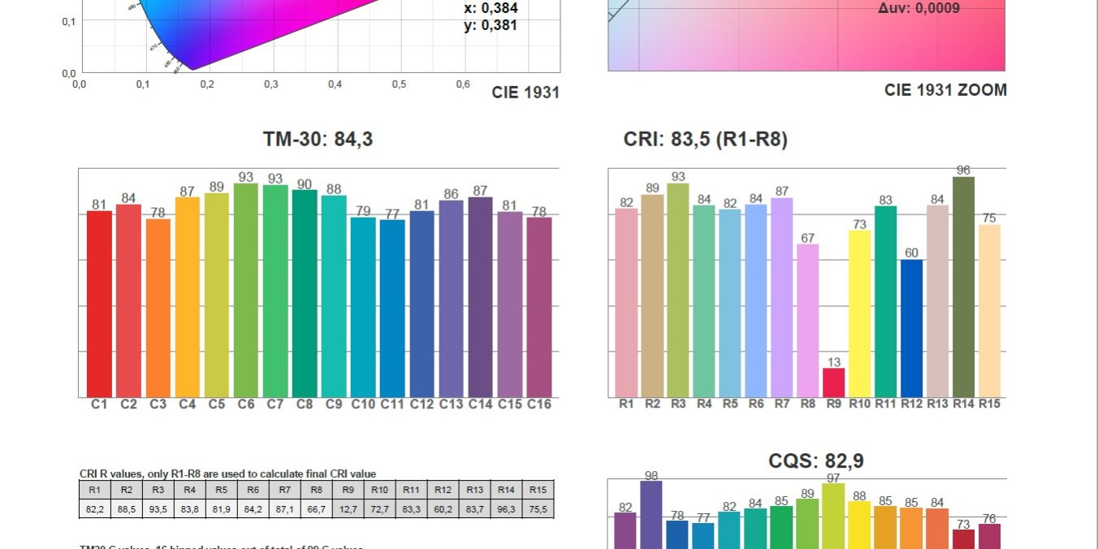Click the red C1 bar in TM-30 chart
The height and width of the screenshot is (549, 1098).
[x=99, y=304]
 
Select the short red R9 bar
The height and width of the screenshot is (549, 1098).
[x=833, y=383]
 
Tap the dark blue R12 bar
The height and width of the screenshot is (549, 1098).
[x=911, y=328]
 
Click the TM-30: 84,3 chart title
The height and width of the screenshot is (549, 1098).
[x=318, y=140]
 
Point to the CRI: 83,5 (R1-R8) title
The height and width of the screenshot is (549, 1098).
[x=705, y=140]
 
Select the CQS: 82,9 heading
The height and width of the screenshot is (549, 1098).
[x=815, y=461]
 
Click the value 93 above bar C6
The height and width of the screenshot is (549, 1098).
[x=246, y=177]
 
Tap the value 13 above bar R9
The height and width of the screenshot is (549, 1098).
[x=833, y=362]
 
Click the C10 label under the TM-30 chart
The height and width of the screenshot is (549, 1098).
[x=363, y=404]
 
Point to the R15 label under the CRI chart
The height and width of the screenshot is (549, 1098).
[x=989, y=404]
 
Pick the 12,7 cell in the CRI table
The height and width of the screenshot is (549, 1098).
[x=348, y=509]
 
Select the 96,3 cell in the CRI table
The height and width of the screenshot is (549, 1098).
[x=507, y=509]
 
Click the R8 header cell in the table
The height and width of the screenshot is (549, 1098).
[x=317, y=490]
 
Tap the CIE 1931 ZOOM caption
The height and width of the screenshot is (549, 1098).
[x=945, y=90]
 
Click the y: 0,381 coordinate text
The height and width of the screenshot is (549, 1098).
[x=490, y=25]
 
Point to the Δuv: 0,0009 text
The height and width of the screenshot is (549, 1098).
[x=919, y=9]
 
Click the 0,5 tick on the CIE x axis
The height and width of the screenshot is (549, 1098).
[x=399, y=84]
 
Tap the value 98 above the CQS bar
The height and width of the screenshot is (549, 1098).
[x=651, y=475]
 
